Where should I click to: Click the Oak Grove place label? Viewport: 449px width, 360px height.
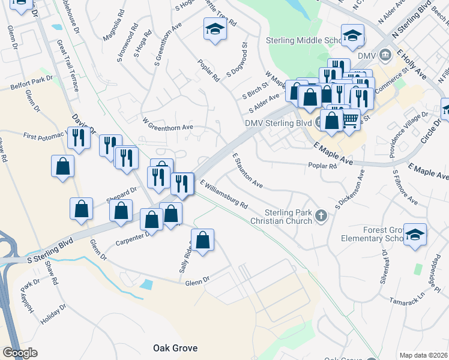point(175,348)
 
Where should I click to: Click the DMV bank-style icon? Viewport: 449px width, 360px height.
point(385,56)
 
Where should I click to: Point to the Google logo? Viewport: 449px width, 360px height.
point(20,353)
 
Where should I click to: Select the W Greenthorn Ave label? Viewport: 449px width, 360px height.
point(167,127)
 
